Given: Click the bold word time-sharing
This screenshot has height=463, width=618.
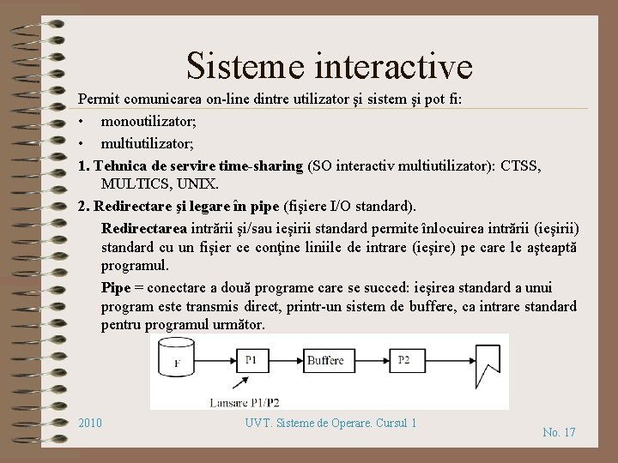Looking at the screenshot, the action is [261, 165].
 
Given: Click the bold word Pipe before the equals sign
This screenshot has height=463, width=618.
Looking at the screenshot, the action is [118, 287].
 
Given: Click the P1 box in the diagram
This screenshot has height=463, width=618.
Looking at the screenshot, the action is [251, 360].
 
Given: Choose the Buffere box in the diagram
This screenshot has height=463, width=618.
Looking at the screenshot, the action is [325, 360].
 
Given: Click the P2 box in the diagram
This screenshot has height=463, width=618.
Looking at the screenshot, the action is [403, 360].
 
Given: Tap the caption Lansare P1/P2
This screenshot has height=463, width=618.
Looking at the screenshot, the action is [245, 401].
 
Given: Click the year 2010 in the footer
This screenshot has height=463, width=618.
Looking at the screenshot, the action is [90, 423].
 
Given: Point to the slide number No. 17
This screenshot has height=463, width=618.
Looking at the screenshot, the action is [559, 432].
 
